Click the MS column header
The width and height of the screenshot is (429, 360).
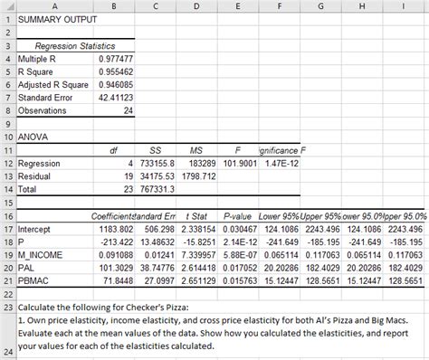pos(196,149)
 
